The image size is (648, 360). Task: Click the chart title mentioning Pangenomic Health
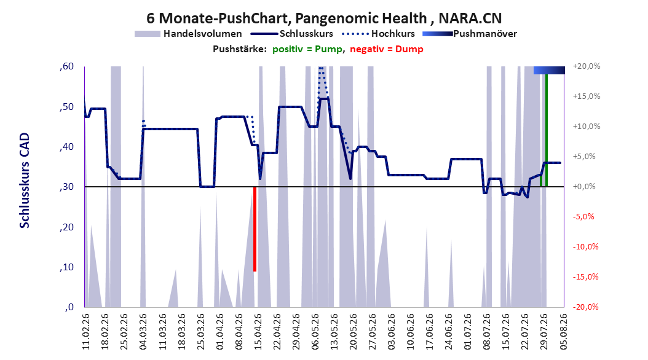coord(324,18)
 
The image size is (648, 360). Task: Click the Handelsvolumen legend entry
coord(189,34)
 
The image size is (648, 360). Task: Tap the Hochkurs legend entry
coord(379,34)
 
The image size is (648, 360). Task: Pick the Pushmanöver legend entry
coord(470,34)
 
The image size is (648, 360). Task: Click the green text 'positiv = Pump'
coord(307,49)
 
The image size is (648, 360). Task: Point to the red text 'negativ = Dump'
coord(387,49)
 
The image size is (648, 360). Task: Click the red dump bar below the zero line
coord(255,229)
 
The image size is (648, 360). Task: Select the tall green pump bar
coord(547,130)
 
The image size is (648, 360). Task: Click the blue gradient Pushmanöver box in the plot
coord(549,70)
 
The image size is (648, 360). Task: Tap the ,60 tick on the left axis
coord(66,66)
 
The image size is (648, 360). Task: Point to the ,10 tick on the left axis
coord(66,267)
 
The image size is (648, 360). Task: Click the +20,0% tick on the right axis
coord(587,66)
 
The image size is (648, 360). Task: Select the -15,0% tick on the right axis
coord(585,276)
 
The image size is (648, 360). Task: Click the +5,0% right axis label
coord(585,157)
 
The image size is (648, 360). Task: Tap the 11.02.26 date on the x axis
coord(86,332)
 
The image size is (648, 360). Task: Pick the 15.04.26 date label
coord(258,332)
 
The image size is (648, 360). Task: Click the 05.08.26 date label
coord(563,332)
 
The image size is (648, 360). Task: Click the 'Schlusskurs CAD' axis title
coord(25,181)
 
